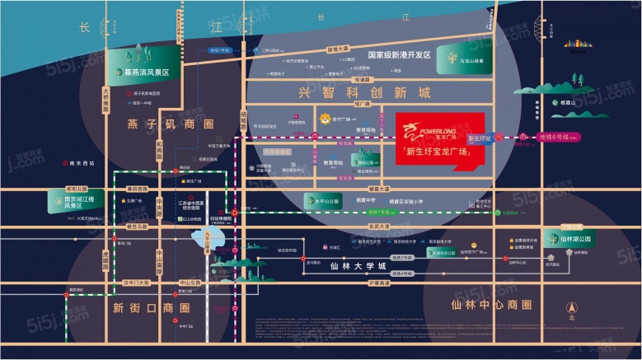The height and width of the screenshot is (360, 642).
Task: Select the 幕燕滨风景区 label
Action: point(145,72)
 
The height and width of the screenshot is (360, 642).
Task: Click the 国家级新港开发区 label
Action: point(399,54)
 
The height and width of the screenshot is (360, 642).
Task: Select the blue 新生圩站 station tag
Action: point(479,138)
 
